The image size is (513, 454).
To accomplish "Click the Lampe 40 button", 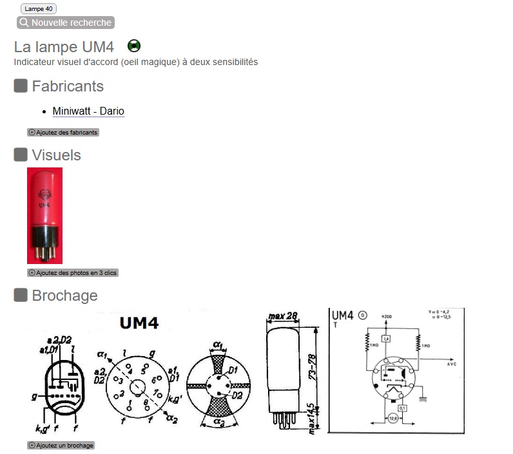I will coord(39,9).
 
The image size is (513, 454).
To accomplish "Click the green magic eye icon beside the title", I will coord(134,46).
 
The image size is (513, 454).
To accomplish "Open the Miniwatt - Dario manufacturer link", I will coord(88,111).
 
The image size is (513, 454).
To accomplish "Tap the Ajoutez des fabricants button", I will coord(63,133).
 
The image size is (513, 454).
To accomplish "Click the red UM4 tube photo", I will coord(44,215).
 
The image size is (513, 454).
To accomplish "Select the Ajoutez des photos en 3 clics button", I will coord(73,273).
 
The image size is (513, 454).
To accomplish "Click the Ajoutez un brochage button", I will coord(61,446).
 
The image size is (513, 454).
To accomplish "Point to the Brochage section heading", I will coord(64,296).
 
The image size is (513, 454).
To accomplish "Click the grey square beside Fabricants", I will coord(21,86).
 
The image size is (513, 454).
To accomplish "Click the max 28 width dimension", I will coord(284,316).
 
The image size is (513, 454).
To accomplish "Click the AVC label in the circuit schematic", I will coord(451,364).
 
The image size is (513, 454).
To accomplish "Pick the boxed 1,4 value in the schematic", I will coord(386,339).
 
